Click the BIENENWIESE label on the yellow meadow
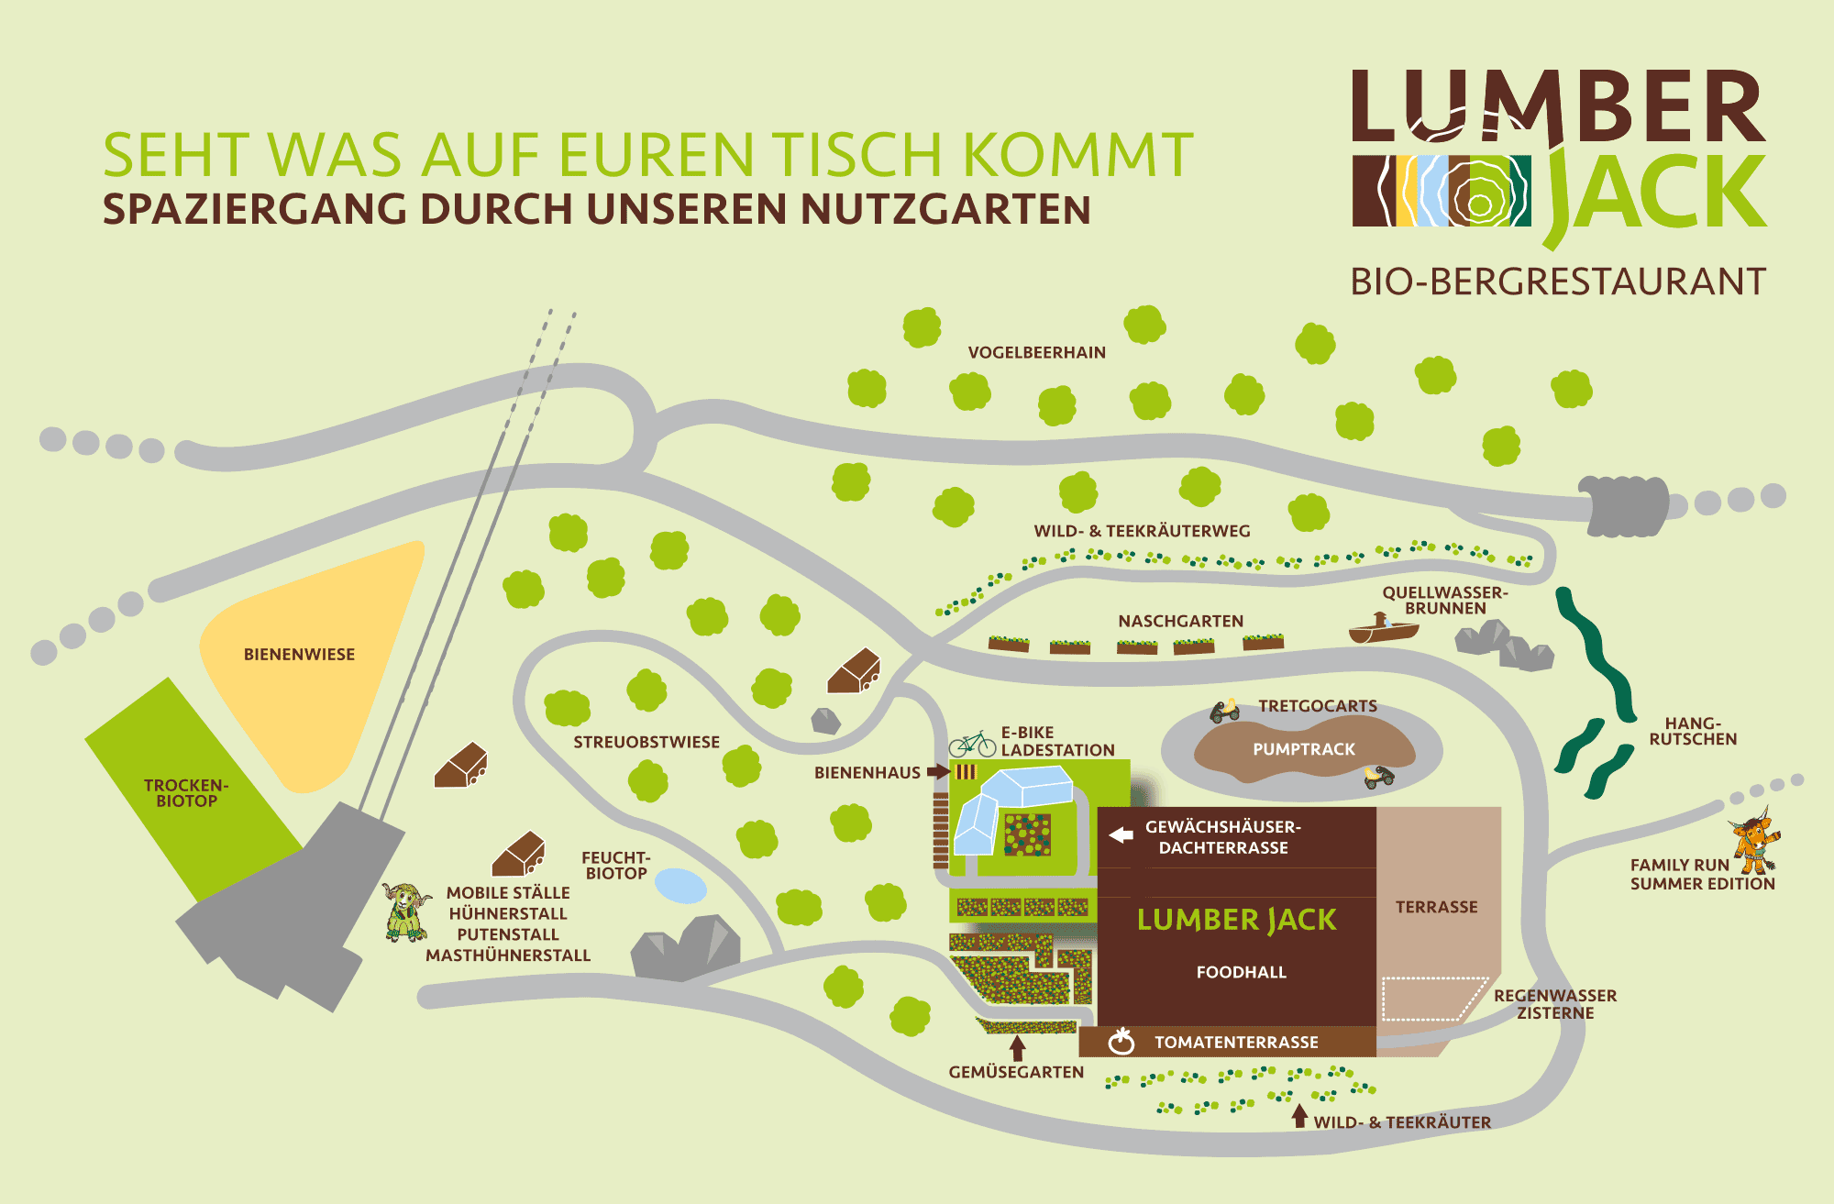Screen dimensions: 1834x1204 click(299, 654)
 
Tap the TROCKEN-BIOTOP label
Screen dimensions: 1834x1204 click(186, 793)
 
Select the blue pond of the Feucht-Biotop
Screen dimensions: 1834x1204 click(680, 886)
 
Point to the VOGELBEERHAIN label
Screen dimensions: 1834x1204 click(1037, 352)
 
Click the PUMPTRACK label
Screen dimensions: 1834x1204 click(1304, 749)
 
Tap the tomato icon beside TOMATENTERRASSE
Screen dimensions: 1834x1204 click(1121, 1041)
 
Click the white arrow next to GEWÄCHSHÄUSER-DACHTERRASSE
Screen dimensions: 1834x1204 click(1121, 835)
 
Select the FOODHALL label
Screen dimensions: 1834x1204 click(1242, 972)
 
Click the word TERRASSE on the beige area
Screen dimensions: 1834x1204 click(1437, 907)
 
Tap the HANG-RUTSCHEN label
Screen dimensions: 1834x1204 click(1693, 731)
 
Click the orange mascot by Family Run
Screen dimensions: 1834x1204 click(1755, 841)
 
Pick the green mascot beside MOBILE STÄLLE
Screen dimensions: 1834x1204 click(406, 912)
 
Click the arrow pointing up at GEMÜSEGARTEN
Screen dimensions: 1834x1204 click(1017, 1048)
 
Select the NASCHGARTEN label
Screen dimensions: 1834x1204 click(1181, 621)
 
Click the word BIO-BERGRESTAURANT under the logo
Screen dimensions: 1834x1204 click(1558, 282)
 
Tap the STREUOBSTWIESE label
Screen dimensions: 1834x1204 click(646, 742)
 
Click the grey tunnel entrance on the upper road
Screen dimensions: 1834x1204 click(1623, 505)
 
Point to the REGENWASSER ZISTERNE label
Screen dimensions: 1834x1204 click(1555, 1004)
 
